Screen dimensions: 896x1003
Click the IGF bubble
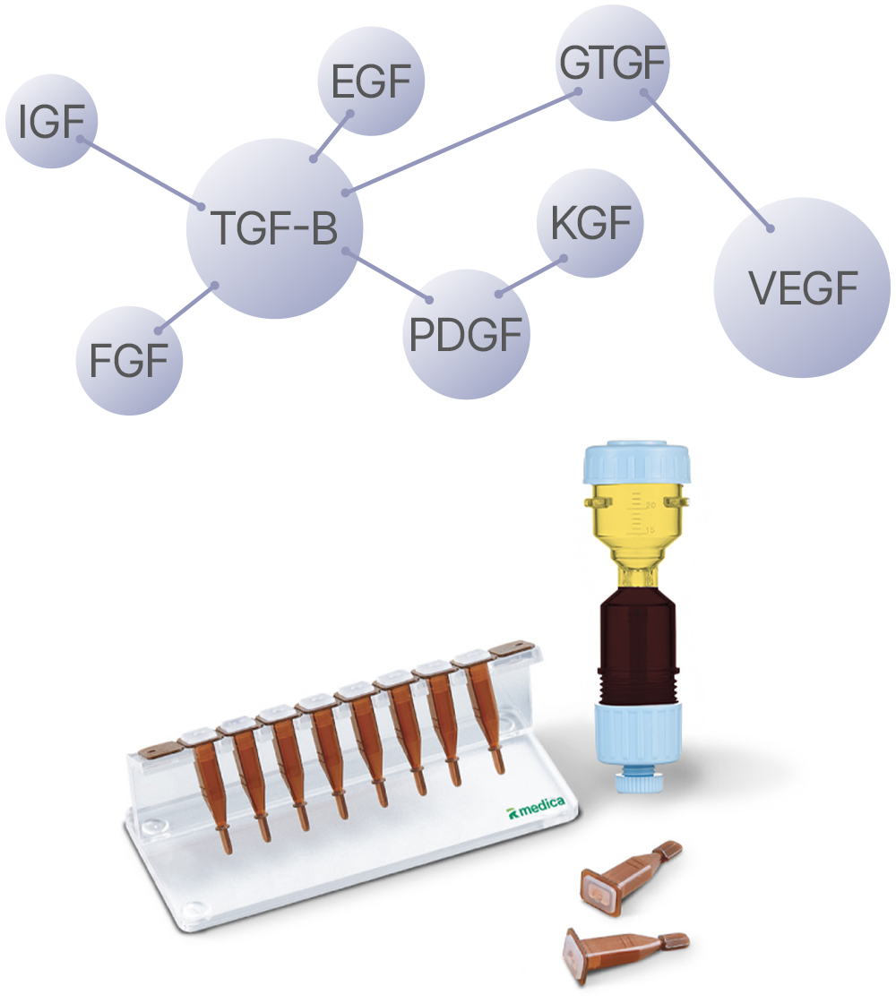(x=51, y=121)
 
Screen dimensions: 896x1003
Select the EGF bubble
(x=371, y=81)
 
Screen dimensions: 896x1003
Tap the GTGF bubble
(x=613, y=63)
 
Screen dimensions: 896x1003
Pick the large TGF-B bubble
(x=274, y=228)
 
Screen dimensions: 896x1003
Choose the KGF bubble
(x=590, y=223)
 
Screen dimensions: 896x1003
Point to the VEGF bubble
(x=803, y=287)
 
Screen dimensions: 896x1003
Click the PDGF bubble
(x=467, y=334)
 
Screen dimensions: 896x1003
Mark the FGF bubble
(x=129, y=360)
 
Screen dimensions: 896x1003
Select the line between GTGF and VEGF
(x=707, y=160)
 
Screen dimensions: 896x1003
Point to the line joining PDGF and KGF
(x=532, y=277)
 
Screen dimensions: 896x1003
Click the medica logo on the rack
(x=537, y=808)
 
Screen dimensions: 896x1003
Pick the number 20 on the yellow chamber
(x=650, y=505)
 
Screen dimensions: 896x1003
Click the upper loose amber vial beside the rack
(x=631, y=872)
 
